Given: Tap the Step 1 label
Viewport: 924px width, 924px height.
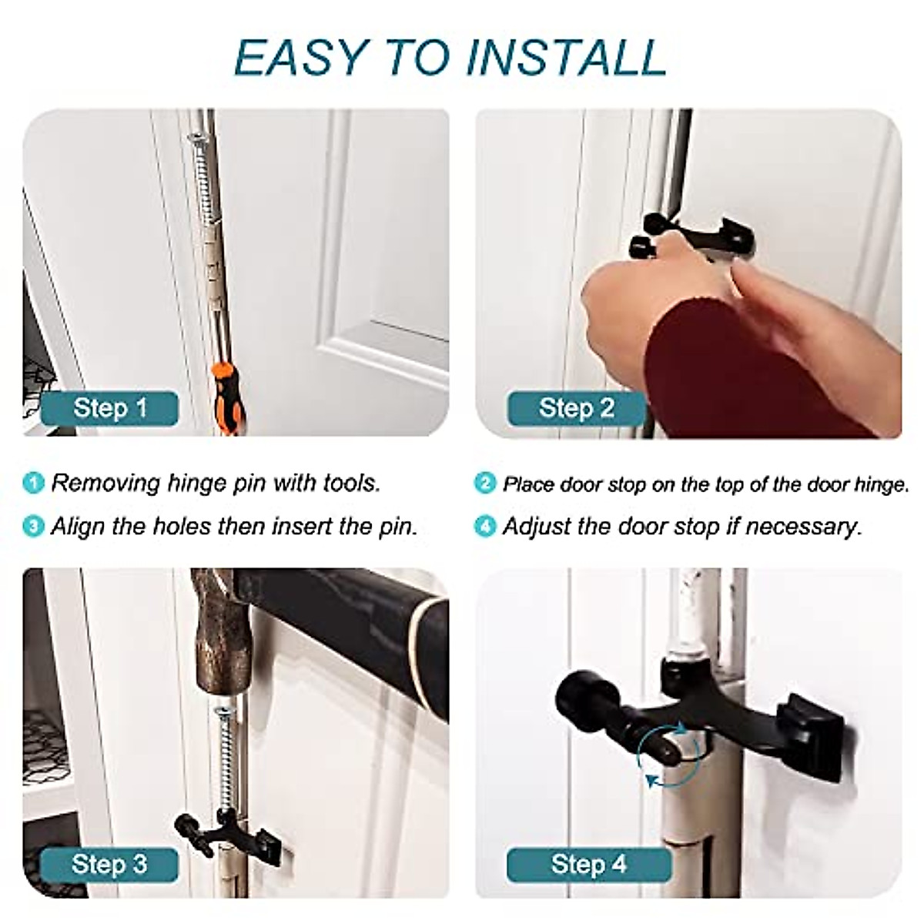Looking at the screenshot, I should (109, 407).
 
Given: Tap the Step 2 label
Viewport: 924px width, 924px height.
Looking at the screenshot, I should (577, 407).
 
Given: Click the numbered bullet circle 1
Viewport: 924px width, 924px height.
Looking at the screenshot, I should (34, 484).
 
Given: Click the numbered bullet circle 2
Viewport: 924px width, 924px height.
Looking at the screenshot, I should (485, 484).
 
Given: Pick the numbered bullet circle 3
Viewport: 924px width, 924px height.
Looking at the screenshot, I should (34, 527).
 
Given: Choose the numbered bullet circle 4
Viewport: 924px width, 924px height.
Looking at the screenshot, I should (485, 527).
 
